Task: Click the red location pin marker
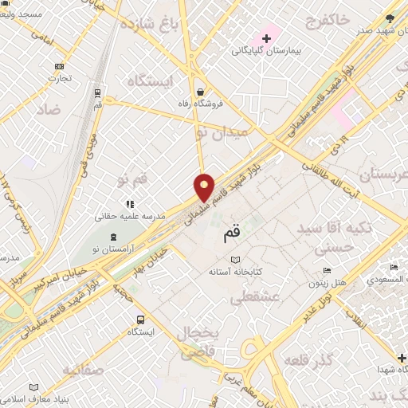click(205, 187)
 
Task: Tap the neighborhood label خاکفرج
click(343, 21)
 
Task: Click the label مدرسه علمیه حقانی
click(129, 216)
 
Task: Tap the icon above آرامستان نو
click(113, 237)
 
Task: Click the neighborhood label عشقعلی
click(253, 298)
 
